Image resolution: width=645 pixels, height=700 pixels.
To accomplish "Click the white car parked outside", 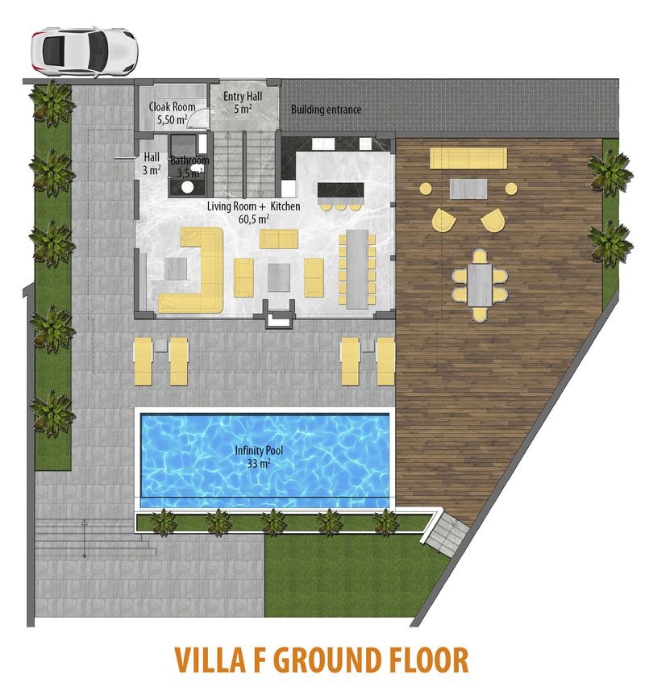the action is point(85,52).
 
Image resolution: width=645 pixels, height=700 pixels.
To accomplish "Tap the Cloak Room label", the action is point(172,107).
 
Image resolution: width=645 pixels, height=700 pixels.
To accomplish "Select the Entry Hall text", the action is point(243,97).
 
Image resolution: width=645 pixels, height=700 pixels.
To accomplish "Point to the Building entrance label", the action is point(327,110).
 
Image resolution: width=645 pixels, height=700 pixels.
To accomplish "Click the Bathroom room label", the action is point(189,160).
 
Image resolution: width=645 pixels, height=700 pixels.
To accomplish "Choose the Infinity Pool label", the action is point(259,451).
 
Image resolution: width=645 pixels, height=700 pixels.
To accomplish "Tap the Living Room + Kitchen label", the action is point(253,206).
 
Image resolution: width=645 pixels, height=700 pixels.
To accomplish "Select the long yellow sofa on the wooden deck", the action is point(468,158).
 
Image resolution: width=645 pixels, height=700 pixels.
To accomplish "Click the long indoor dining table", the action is point(357,269).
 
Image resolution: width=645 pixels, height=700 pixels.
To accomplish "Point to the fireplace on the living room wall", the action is point(280,315).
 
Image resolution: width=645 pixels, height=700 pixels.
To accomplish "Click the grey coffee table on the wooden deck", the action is point(468,189).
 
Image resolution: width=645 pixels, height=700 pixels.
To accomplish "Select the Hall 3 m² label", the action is point(152,164).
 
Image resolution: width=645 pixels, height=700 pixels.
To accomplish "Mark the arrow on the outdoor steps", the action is point(84,538).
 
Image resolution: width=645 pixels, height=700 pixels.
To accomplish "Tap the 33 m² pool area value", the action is point(259,464).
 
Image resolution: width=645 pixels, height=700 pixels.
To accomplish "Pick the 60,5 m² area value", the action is point(254,219).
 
